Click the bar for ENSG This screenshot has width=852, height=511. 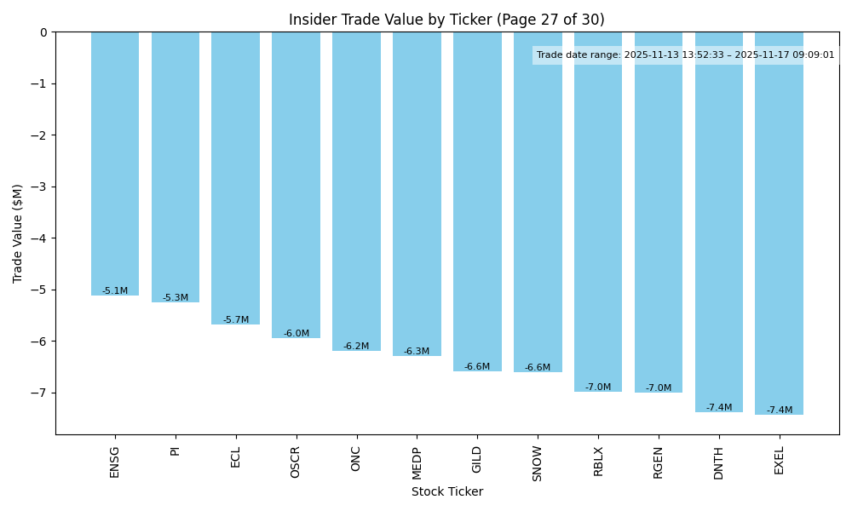[115, 164]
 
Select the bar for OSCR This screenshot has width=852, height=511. [296, 185]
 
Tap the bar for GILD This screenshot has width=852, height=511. [477, 201]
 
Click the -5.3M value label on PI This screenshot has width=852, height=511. [176, 298]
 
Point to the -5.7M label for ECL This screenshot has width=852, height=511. [236, 320]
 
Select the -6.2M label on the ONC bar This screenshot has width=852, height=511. [356, 347]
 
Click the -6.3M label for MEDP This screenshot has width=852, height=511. [417, 352]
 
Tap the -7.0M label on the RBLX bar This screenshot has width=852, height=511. [598, 388]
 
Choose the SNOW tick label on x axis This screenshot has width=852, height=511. [538, 463]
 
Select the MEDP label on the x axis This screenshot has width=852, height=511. [417, 463]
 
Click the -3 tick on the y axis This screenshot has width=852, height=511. [42, 187]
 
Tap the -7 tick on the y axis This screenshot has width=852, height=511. [42, 393]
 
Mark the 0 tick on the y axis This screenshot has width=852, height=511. [44, 32]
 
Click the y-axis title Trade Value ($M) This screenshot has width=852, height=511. [18, 233]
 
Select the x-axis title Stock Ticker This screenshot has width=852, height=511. [447, 491]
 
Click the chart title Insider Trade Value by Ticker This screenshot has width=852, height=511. [446, 20]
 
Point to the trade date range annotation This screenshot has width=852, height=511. [686, 55]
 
